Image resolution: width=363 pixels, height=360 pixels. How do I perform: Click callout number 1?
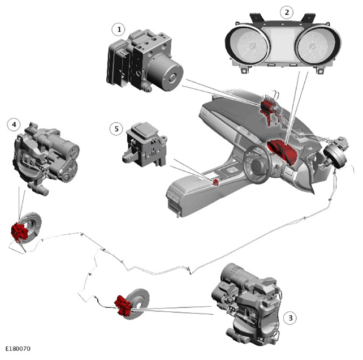pos(118,29)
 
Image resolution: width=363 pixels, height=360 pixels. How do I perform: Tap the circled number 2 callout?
pos(287,12)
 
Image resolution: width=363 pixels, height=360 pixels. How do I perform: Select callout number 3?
pos(290,318)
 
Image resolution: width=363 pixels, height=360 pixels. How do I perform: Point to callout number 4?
pos(14,125)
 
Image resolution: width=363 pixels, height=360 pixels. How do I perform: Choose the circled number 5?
pos(116,128)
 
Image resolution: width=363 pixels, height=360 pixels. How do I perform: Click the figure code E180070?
pos(18,349)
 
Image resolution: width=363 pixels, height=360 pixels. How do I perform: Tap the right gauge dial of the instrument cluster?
pos(318,46)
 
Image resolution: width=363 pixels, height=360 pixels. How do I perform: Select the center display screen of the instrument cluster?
pos(283,46)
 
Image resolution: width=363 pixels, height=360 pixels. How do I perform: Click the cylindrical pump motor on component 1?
pos(165,73)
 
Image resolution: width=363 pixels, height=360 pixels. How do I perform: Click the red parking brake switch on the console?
pos(216,182)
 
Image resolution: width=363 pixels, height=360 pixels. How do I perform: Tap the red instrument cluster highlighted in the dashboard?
pos(283,151)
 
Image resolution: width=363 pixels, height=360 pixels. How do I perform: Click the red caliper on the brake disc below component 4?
pos(19,232)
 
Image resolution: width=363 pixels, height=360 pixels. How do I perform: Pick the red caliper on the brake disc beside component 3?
pos(123,305)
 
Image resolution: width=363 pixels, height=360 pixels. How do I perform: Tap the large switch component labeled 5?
pos(144,144)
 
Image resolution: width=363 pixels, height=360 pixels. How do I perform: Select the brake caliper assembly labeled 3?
pos(246,304)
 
